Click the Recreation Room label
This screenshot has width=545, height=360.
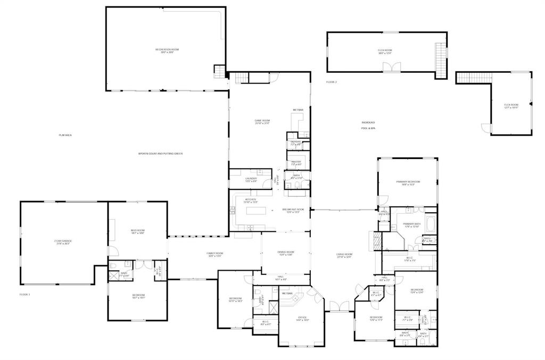[x=164, y=51]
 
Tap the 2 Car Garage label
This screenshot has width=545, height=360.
[x=63, y=242]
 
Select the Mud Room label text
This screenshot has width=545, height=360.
[x=138, y=231]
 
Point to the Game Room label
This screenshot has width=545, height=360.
[x=262, y=122]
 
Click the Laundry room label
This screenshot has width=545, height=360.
[x=251, y=180]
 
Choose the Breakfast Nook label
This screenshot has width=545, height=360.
[x=293, y=211]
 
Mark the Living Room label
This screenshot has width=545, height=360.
[x=344, y=255]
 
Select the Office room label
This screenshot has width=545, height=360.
[x=301, y=319]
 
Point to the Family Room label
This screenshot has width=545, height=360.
[x=214, y=254]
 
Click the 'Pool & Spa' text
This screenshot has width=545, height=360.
[x=368, y=128]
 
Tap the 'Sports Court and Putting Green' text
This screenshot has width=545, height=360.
[x=160, y=154]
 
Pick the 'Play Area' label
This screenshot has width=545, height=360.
[x=65, y=135]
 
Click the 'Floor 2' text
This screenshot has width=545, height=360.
[x=332, y=82]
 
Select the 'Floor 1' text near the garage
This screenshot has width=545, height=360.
[x=25, y=294]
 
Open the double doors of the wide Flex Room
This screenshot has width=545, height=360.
[x=390, y=66]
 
